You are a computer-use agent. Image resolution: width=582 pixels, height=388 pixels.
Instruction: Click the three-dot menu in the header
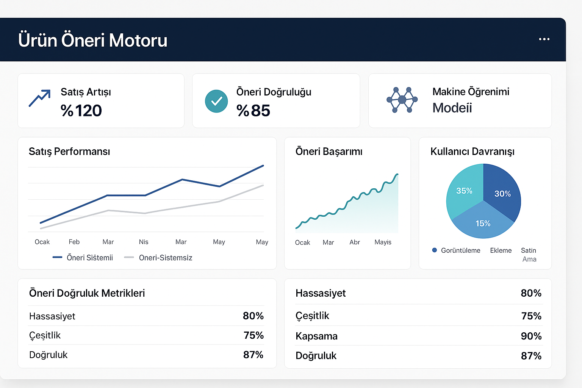544,39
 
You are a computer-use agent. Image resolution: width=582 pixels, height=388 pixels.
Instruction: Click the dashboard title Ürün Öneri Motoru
92,40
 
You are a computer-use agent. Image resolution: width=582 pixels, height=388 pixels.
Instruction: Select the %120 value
81,111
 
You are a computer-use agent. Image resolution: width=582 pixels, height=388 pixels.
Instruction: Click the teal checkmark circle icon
216,101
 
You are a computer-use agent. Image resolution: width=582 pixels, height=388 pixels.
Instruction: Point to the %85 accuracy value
253,111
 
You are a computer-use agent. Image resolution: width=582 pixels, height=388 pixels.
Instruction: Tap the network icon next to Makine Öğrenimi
402,100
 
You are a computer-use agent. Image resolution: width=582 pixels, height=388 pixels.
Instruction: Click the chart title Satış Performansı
69,152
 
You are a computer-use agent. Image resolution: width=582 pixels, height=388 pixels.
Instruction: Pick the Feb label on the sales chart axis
74,242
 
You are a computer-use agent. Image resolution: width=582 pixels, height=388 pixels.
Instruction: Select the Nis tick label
144,242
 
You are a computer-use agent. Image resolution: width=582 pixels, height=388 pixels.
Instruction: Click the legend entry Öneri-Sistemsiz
165,258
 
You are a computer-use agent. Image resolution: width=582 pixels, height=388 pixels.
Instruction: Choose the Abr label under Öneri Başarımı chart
355,242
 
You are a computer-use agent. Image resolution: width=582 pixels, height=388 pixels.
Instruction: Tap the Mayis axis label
383,242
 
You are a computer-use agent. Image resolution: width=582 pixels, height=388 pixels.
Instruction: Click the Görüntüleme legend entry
460,250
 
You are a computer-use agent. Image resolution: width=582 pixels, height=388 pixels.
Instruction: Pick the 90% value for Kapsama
531,336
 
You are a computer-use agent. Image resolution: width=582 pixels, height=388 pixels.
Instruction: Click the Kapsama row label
316,336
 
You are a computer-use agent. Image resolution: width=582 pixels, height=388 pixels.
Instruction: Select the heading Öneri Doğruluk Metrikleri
87,293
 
